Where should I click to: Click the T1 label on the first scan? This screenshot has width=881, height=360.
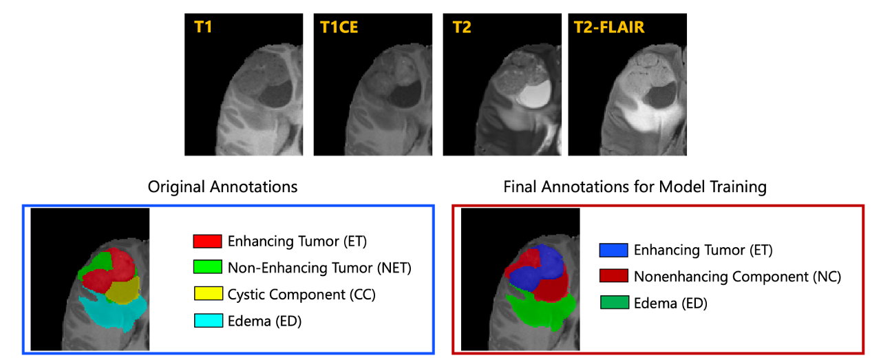point(203,27)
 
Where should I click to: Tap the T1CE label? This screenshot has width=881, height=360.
point(339,27)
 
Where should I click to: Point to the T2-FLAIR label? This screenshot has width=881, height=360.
point(609,27)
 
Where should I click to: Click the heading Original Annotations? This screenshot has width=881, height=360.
point(222,187)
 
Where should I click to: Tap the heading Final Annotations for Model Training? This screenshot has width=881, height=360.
point(635,187)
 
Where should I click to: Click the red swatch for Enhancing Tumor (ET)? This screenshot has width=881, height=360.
point(207,241)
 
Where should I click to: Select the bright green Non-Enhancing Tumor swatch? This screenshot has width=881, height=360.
point(208,267)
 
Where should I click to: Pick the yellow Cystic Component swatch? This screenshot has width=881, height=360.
point(209,293)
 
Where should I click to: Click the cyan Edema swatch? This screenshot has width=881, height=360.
point(209,320)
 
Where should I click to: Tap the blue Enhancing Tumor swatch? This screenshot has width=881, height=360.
point(613,251)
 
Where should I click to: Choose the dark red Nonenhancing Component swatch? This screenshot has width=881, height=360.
point(614,276)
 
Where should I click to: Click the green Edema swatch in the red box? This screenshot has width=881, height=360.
point(615,303)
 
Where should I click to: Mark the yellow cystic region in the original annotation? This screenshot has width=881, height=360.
point(123,290)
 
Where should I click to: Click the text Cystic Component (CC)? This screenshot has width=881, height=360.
point(301,295)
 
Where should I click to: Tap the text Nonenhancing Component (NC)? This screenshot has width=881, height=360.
point(737,277)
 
